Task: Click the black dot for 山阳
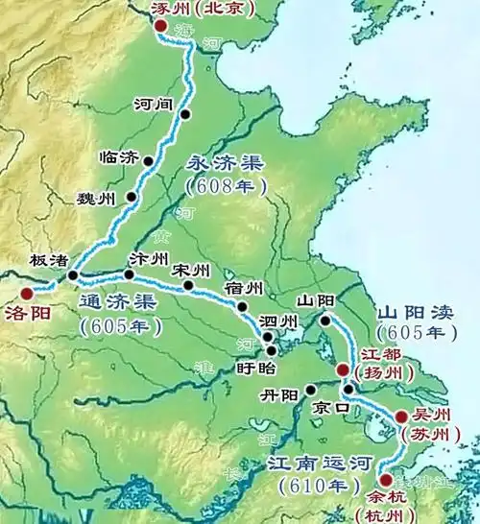point(326,321)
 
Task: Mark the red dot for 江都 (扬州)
point(343,369)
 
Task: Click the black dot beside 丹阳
point(311,390)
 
